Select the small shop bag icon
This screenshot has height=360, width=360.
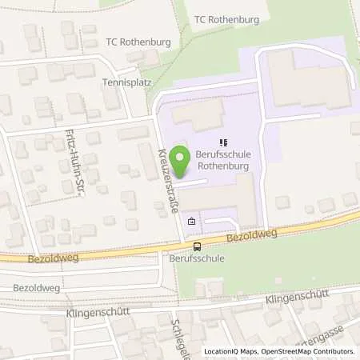pyautogui.click(x=190, y=222)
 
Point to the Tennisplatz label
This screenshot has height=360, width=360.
pyautogui.click(x=127, y=82)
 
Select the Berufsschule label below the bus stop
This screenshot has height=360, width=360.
pyautogui.click(x=196, y=259)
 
